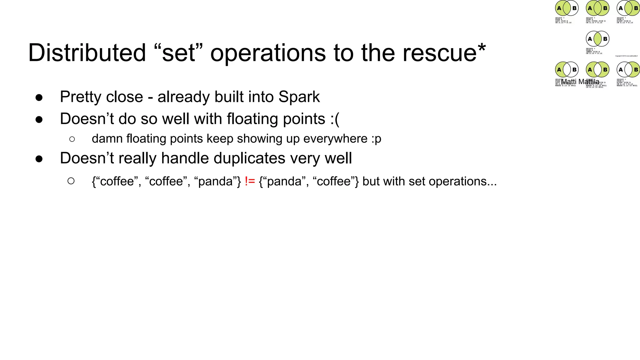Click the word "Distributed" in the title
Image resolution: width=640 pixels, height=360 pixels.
click(87, 53)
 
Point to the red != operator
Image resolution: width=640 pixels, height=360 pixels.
click(250, 181)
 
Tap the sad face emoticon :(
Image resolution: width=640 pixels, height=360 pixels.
click(335, 119)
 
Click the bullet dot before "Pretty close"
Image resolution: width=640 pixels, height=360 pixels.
click(39, 97)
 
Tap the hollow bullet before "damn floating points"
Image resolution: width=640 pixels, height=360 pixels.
click(72, 139)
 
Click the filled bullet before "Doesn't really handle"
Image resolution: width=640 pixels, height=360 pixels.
click(39, 159)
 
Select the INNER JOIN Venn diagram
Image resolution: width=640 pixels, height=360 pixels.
click(597, 39)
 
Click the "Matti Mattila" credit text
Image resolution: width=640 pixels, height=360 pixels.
click(580, 82)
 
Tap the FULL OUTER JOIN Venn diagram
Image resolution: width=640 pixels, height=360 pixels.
click(597, 8)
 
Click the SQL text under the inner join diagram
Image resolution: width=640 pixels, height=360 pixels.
click(594, 51)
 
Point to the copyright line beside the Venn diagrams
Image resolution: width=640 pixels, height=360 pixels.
click(626, 56)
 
